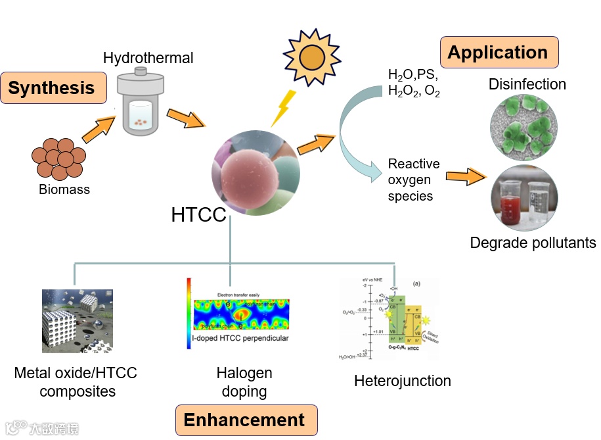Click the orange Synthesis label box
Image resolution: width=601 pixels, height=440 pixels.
click(53, 88)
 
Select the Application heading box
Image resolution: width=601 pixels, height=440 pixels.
click(497, 53)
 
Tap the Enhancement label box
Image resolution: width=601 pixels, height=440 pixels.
click(244, 420)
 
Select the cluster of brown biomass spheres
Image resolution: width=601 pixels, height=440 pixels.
click(58, 158)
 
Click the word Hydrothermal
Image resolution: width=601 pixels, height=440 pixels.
click(148, 58)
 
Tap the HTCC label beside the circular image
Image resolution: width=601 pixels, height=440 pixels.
click(198, 215)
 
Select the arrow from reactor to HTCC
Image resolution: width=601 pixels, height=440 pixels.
click(185, 119)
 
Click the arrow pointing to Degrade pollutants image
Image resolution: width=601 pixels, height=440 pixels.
click(466, 176)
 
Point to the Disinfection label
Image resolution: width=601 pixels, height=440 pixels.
click(527, 84)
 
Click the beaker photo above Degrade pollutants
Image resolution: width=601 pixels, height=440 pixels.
click(525, 197)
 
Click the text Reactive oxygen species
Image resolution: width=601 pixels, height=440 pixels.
click(413, 180)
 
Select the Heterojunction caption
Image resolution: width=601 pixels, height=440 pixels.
click(403, 381)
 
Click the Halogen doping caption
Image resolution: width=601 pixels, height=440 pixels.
click(244, 383)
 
